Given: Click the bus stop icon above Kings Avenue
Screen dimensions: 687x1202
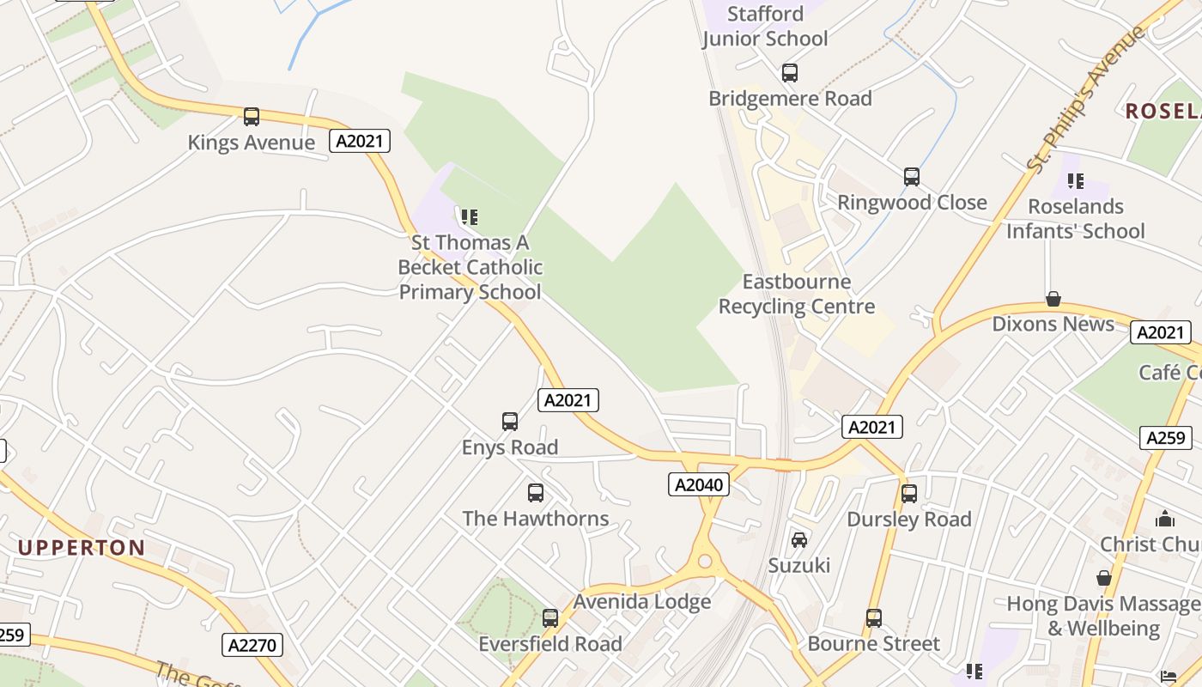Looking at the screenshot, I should click(251, 117).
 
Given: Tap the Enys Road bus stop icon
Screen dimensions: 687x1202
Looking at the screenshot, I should click(510, 422).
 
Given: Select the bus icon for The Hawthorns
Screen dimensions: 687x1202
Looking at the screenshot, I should click(536, 493).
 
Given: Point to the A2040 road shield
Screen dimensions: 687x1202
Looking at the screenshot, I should click(698, 484).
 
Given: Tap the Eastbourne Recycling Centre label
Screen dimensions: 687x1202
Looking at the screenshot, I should click(797, 295).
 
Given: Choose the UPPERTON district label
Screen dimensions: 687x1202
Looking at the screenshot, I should click(82, 548).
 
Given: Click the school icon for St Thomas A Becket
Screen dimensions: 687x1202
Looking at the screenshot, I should click(469, 217).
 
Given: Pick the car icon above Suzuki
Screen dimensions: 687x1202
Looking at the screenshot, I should click(799, 539).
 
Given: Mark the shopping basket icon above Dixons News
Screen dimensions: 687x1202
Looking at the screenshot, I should click(1053, 299).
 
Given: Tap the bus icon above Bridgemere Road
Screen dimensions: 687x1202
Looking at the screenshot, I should click(790, 73).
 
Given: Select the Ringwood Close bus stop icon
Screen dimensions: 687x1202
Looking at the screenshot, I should click(912, 177).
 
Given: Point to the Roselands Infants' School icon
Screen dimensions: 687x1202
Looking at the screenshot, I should click(1075, 181).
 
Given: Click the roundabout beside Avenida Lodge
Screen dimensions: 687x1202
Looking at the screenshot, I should click(706, 562).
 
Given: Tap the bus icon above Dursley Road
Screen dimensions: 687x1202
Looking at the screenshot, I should click(909, 494).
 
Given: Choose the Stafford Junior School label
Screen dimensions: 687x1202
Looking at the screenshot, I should click(765, 26).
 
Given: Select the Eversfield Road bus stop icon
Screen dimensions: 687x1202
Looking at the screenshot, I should click(550, 617).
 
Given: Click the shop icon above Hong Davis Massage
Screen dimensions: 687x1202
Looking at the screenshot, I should click(1104, 578).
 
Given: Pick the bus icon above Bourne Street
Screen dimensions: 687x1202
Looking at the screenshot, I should click(874, 618).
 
